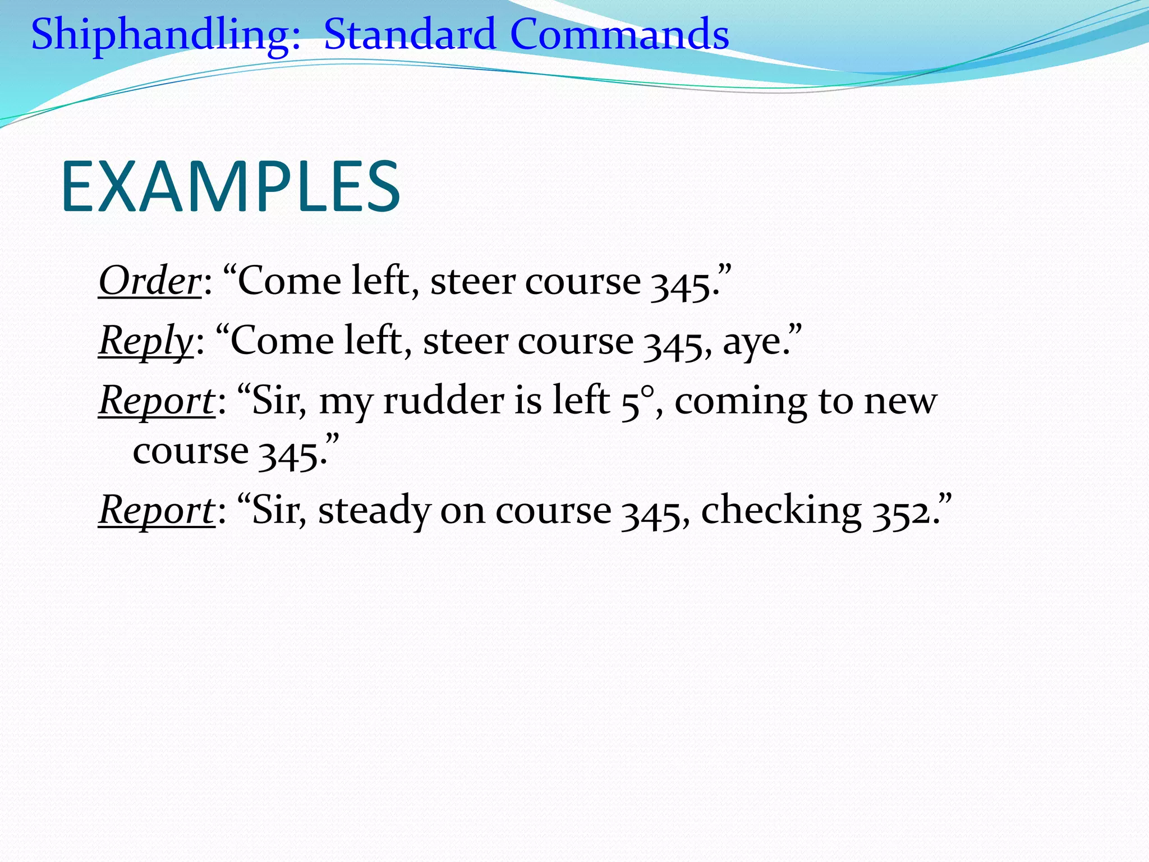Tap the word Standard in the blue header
tap(410, 35)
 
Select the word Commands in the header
tap(619, 35)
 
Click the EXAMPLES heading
tap(230, 187)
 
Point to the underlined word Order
tap(149, 281)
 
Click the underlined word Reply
tap(146, 341)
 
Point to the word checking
tap(781, 511)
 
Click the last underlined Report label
tap(156, 511)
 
